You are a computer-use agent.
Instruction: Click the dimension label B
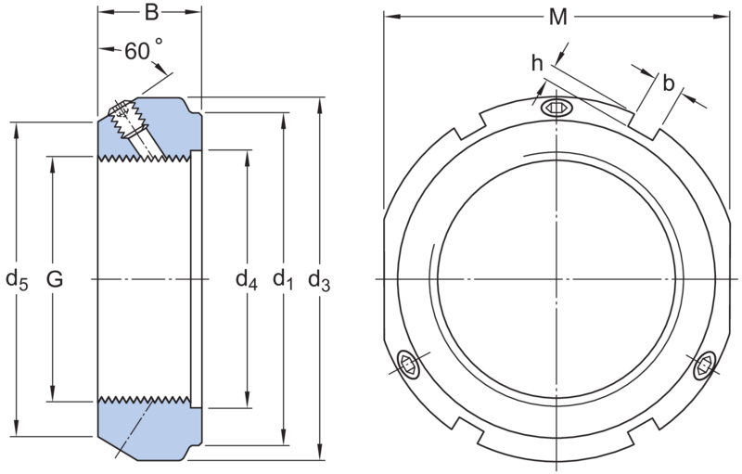(x=151, y=12)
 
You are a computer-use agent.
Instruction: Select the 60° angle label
(x=144, y=50)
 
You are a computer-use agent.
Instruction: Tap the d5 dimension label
(x=17, y=279)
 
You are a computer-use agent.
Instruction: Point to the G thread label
(x=55, y=279)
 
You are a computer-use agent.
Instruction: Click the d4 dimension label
(x=247, y=279)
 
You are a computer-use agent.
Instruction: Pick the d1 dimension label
(x=283, y=279)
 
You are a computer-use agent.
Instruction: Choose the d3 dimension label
(x=319, y=279)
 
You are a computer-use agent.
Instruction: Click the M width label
(x=558, y=18)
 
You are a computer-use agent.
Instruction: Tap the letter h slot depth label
(x=537, y=63)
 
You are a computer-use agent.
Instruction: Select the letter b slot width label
(x=668, y=83)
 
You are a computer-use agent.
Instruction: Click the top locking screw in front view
(x=557, y=109)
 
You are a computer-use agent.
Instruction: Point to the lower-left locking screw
(x=408, y=365)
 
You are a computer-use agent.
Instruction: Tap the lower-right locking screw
(x=705, y=365)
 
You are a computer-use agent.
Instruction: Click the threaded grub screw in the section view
(x=128, y=121)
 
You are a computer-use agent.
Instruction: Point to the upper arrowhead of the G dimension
(x=53, y=163)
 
